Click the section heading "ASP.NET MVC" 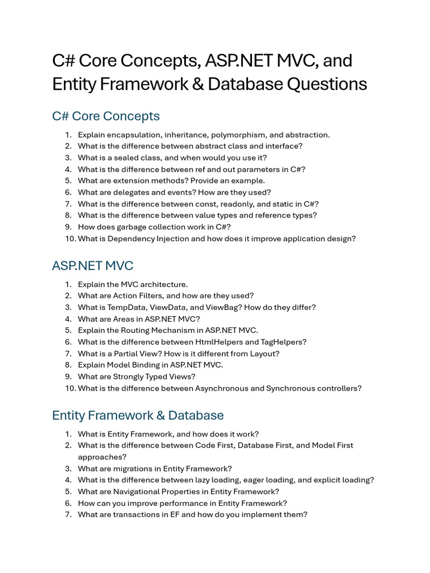click(92, 265)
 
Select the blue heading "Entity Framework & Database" click(138, 415)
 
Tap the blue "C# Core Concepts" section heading click(106, 116)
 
